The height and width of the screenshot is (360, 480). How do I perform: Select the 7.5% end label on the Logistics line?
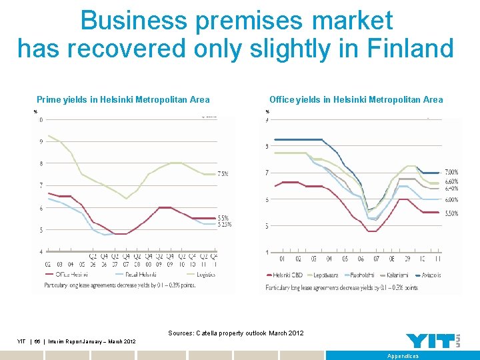222,173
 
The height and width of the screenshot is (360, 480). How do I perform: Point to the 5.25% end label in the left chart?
225,224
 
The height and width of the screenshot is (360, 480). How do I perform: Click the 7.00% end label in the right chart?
451,173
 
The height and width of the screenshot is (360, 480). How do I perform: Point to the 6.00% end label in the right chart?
451,199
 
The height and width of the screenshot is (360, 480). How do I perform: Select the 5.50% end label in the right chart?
451,213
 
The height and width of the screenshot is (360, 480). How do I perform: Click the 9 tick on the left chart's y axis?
41,141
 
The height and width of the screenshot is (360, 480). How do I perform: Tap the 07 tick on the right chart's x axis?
377,259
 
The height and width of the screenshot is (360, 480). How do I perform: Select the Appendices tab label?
403,356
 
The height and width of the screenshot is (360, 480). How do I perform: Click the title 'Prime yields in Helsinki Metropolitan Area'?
123,100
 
